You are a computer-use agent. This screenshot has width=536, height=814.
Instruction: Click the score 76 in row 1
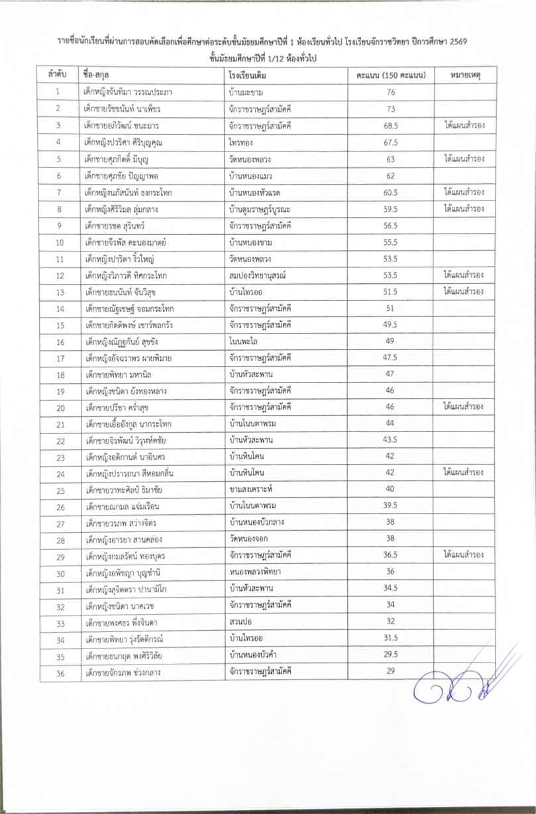click(x=390, y=92)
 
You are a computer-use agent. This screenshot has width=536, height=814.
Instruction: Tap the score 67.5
click(x=390, y=142)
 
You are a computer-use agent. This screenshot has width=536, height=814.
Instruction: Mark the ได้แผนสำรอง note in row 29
click(x=464, y=555)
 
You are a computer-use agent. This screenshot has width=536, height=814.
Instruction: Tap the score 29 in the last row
click(x=390, y=671)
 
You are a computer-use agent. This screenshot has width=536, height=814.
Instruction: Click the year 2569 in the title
click(x=456, y=42)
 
